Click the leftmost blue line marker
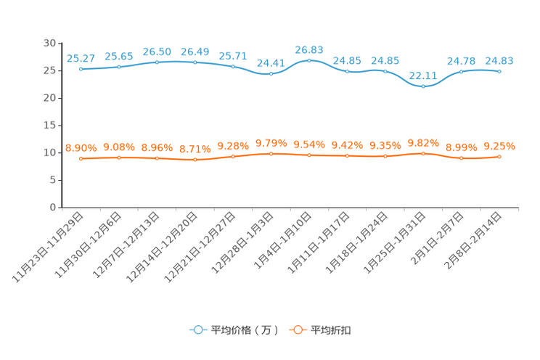tap(81, 69)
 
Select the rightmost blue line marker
tap(499, 71)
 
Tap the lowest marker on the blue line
tap(423, 86)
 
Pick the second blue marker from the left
tap(119, 67)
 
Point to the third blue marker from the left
tap(157, 62)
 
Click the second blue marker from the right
tap(462, 71)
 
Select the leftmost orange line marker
tap(81, 158)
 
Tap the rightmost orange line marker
tap(499, 157)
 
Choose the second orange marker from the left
tap(119, 157)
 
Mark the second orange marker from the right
tap(462, 158)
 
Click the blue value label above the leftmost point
tap(81, 57)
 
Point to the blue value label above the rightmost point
tap(499, 60)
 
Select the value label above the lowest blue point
tap(423, 75)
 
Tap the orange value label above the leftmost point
tap(81, 148)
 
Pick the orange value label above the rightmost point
tap(499, 147)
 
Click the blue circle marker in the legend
tap(197, 330)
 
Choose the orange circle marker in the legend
tap(296, 330)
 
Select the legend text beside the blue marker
tap(244, 330)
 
